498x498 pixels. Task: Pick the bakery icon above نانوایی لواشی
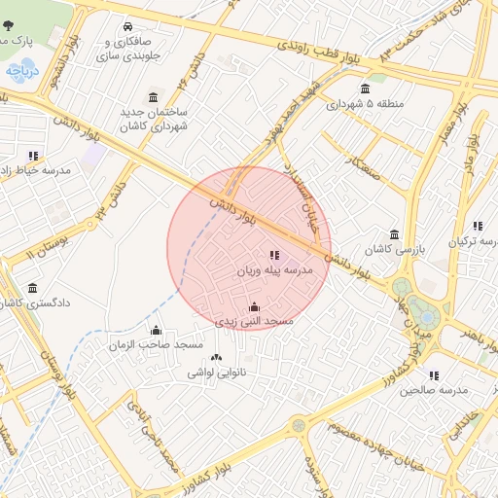pyautogui.click(x=216, y=358)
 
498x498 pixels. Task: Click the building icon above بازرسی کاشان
pyautogui.click(x=394, y=234)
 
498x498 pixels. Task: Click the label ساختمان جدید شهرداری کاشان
pyautogui.click(x=154, y=120)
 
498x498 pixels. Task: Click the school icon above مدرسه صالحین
pyautogui.click(x=433, y=374)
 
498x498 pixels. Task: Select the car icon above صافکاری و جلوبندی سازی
pyautogui.click(x=129, y=26)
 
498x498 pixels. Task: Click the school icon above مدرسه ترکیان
pyautogui.click(x=477, y=226)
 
